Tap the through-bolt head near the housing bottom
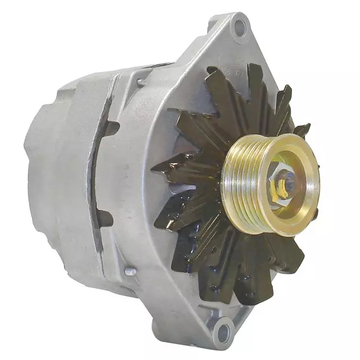point(130,272)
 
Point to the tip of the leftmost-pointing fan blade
point(155,168)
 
